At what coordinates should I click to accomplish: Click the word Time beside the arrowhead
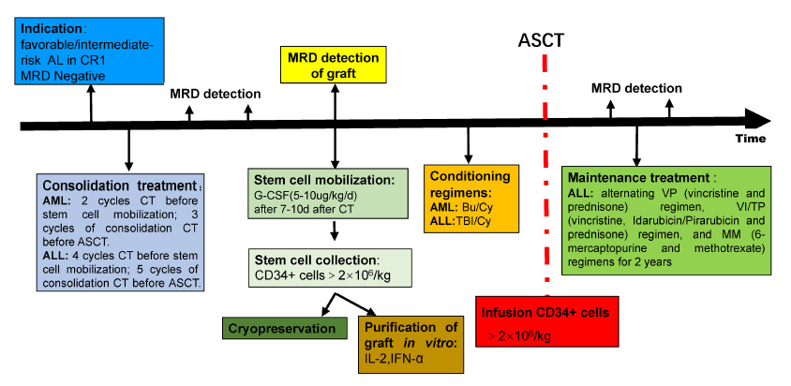tap(750, 138)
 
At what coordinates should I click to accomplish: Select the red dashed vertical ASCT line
tap(544, 187)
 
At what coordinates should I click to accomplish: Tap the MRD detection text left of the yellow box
tap(217, 94)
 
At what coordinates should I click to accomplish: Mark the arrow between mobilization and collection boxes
tap(334, 232)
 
